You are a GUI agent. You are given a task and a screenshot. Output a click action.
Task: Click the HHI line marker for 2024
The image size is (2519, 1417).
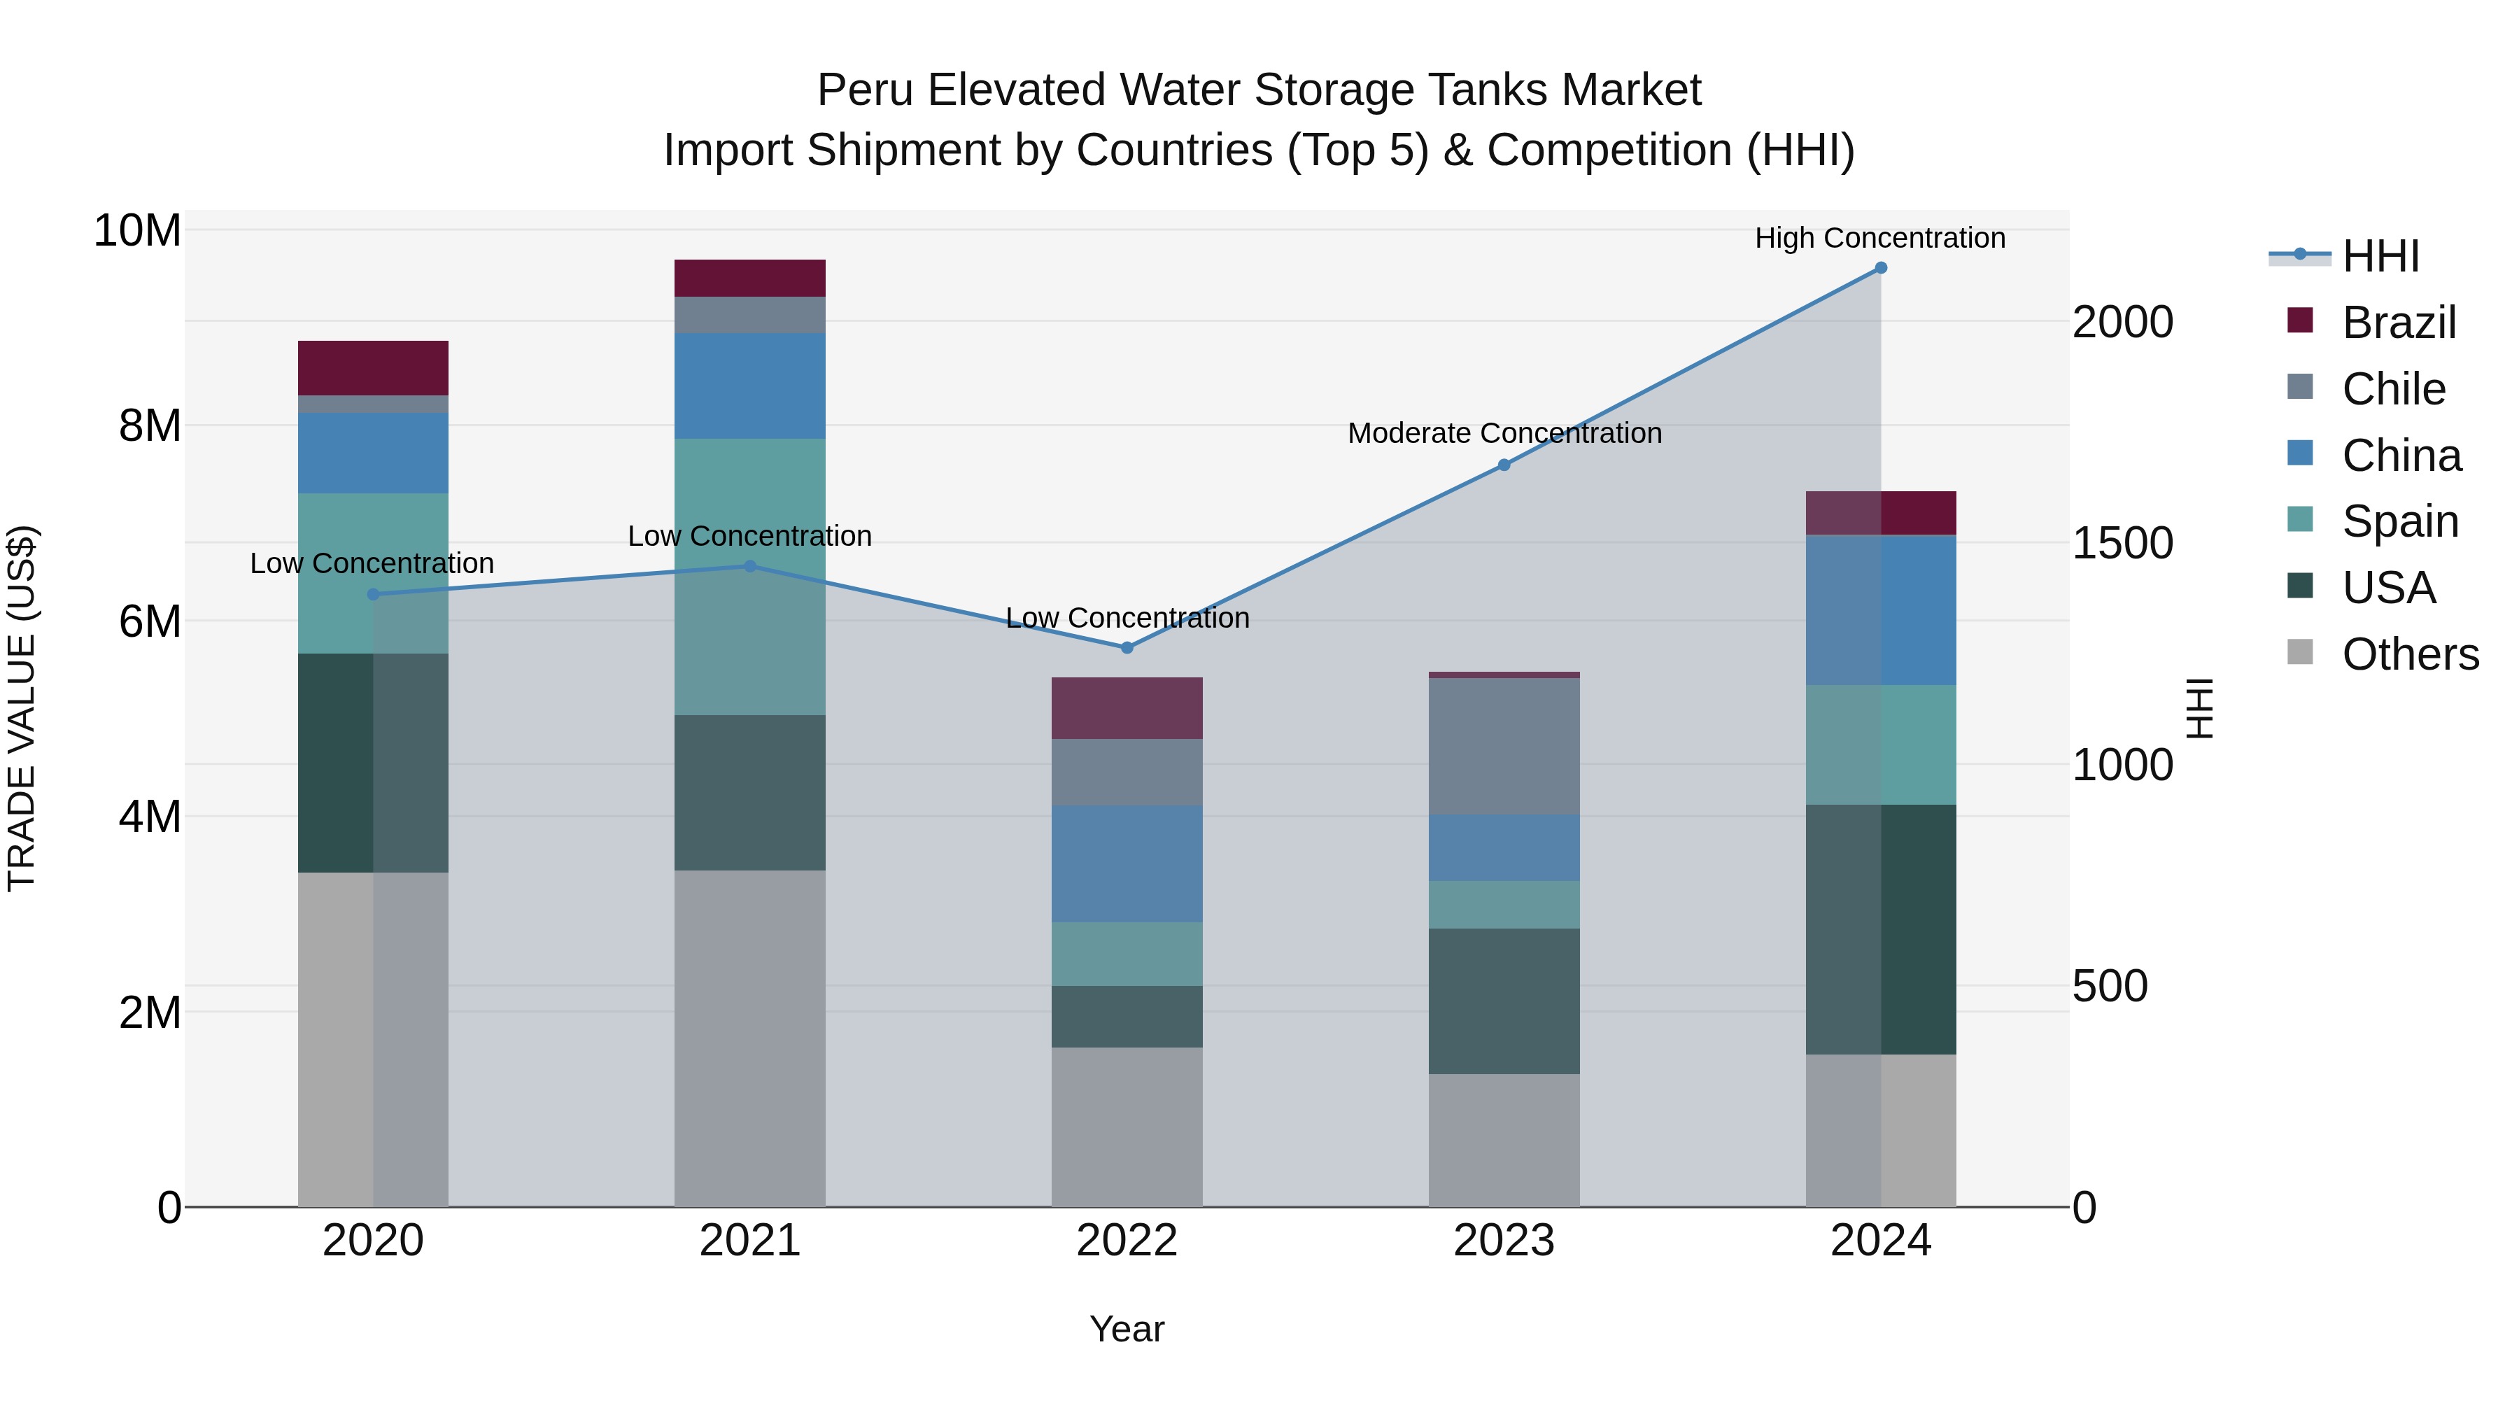pyautogui.click(x=1879, y=268)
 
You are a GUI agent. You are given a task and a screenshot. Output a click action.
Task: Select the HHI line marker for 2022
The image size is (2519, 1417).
pyautogui.click(x=1127, y=647)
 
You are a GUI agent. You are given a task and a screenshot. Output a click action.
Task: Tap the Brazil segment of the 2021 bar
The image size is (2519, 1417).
pyautogui.click(x=750, y=278)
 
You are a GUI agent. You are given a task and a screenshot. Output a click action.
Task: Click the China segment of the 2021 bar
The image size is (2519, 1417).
pyautogui.click(x=750, y=386)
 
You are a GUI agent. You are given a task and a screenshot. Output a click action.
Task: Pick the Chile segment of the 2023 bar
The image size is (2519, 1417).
pyautogui.click(x=1504, y=746)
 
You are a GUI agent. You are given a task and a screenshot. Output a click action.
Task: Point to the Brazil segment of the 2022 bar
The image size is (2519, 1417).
pyautogui.click(x=1127, y=708)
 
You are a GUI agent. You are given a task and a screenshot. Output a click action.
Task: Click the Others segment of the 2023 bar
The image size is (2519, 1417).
pyautogui.click(x=1504, y=1141)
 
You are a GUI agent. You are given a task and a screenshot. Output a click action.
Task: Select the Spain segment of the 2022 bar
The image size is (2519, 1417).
pyautogui.click(x=1127, y=954)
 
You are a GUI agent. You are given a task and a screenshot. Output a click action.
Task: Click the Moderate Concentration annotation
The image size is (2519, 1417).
pyautogui.click(x=1504, y=433)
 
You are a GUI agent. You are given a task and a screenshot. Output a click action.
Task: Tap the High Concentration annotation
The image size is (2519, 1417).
pyautogui.click(x=1879, y=239)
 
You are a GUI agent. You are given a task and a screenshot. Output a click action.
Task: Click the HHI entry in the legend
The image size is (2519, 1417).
pyautogui.click(x=2380, y=256)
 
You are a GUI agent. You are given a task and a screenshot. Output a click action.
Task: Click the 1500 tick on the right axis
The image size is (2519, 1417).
pyautogui.click(x=2122, y=544)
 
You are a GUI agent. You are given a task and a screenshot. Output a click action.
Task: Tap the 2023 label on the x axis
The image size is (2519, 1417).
pyautogui.click(x=1504, y=1241)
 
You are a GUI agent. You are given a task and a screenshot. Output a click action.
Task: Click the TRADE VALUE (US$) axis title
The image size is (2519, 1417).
pyautogui.click(x=22, y=708)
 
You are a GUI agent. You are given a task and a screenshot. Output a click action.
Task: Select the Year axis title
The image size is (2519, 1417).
pyautogui.click(x=1127, y=1329)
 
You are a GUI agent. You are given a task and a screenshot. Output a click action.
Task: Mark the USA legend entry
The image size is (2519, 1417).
pyautogui.click(x=2388, y=588)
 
